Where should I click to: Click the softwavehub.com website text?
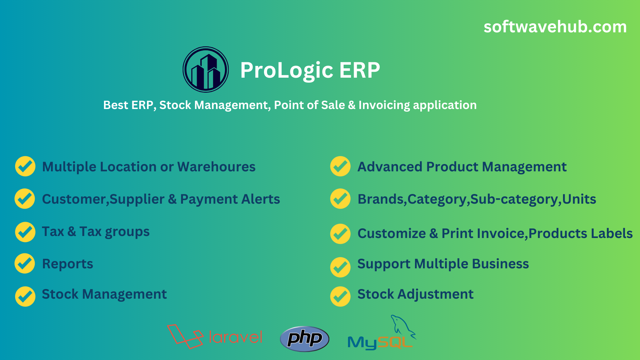pyautogui.click(x=555, y=27)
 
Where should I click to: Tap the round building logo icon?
pyautogui.click(x=206, y=69)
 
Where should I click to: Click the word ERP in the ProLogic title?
pyautogui.click(x=360, y=70)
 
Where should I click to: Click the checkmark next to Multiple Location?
pyautogui.click(x=25, y=166)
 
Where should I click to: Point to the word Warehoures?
pyautogui.click(x=216, y=167)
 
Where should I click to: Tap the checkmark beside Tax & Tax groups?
pyautogui.click(x=25, y=232)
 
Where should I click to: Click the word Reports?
pyautogui.click(x=68, y=264)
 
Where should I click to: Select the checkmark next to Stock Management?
pyautogui.click(x=25, y=296)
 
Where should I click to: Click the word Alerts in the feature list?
pyautogui.click(x=261, y=199)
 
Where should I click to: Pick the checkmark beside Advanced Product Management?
pyautogui.click(x=340, y=166)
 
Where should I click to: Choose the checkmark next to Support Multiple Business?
pyautogui.click(x=340, y=267)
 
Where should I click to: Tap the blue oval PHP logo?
pyautogui.click(x=305, y=339)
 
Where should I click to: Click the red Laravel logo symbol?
pyautogui.click(x=185, y=336)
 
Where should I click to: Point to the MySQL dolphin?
pyautogui.click(x=403, y=327)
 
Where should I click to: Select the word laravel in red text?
pyautogui.click(x=236, y=337)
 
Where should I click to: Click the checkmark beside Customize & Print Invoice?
pyautogui.click(x=340, y=234)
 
